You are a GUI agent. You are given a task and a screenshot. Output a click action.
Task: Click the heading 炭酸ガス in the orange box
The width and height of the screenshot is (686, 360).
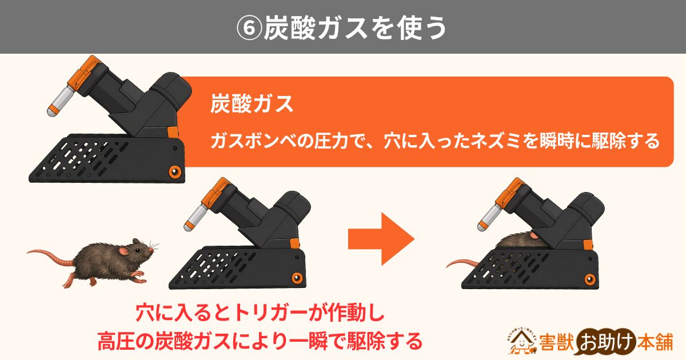coord(252,104)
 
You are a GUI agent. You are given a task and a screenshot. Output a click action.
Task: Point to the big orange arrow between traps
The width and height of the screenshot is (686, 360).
coord(381,239)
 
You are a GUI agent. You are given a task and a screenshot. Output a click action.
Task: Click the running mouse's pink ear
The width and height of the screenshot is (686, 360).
coord(123,251)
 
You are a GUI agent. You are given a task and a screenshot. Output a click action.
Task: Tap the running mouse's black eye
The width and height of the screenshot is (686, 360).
coord(138,251)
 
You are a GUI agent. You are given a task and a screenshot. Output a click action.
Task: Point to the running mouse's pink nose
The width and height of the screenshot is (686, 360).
coord(151,250)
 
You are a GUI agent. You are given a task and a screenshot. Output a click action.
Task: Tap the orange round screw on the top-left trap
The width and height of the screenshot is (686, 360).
coord(174,172)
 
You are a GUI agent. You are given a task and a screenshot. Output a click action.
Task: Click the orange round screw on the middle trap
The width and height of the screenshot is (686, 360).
coord(297,278)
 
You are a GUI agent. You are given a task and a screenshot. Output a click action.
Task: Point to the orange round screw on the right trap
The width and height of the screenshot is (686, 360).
coord(590,279)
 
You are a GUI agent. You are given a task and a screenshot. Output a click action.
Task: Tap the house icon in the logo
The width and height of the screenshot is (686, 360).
coord(523,343)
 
